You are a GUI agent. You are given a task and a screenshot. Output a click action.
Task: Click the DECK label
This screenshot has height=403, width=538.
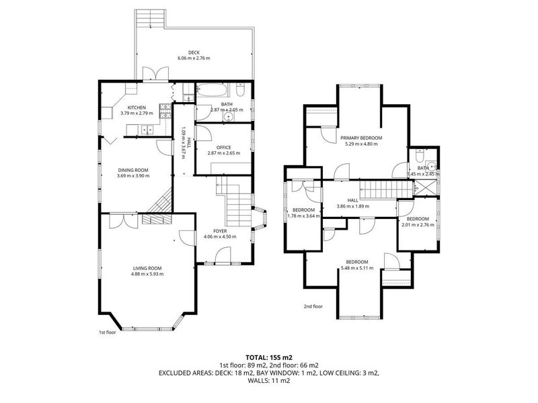click(x=194, y=52)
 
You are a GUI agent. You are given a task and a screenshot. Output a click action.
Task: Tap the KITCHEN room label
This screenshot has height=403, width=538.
click(x=137, y=107)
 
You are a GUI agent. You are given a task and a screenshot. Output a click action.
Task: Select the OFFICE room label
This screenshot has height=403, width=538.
click(x=224, y=147)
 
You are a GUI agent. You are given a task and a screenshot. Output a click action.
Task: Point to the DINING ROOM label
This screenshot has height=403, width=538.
click(x=133, y=170)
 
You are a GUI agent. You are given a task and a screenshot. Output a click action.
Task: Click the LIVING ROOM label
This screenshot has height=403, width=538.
click(x=147, y=268)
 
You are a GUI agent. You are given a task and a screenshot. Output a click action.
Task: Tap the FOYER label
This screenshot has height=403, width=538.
click(x=220, y=231)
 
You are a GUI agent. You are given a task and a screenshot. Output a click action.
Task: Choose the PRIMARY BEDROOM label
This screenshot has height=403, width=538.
click(x=361, y=138)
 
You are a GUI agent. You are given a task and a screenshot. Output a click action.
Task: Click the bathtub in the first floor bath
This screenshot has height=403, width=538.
click(x=212, y=91)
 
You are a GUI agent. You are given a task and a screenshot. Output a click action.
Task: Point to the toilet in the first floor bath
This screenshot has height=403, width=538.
click(x=240, y=90)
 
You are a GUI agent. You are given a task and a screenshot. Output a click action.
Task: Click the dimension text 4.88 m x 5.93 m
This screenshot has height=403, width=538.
click(x=147, y=274)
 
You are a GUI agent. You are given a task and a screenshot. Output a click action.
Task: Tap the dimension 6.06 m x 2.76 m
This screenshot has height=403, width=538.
click(x=194, y=58)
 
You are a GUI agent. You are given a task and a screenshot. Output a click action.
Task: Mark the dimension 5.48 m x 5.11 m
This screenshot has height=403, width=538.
click(x=357, y=268)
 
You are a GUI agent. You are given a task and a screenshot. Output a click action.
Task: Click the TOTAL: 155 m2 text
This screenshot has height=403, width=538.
click(x=268, y=358)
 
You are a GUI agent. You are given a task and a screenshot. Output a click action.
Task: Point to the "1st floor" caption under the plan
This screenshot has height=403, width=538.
click(x=108, y=332)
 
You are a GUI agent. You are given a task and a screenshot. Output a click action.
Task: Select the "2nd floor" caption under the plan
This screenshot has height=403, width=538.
click(x=313, y=306)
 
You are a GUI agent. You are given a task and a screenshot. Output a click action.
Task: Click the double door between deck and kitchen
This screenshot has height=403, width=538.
click(x=156, y=74)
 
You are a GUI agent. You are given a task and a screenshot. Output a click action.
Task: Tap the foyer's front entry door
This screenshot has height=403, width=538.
click(x=223, y=256)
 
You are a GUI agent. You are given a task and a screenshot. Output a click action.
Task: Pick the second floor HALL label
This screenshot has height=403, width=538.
click(x=352, y=200)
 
